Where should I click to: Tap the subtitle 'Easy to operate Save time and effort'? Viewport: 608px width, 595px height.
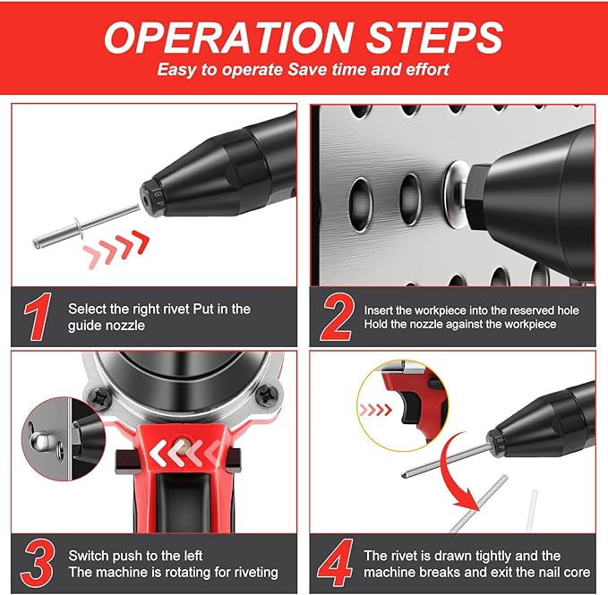303,70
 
